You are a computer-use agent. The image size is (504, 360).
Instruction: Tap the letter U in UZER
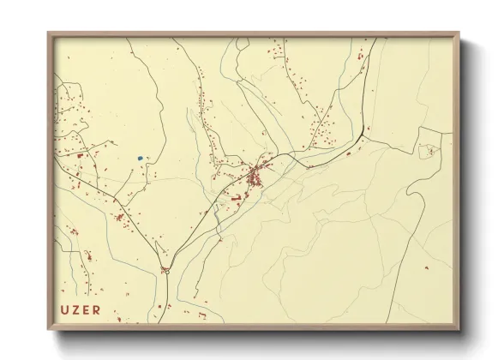tap(64, 309)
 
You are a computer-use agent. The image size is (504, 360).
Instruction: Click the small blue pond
tap(140, 158)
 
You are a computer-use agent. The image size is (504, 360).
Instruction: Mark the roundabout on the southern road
tap(166, 271)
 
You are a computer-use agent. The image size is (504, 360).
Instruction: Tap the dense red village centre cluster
tap(255, 178)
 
